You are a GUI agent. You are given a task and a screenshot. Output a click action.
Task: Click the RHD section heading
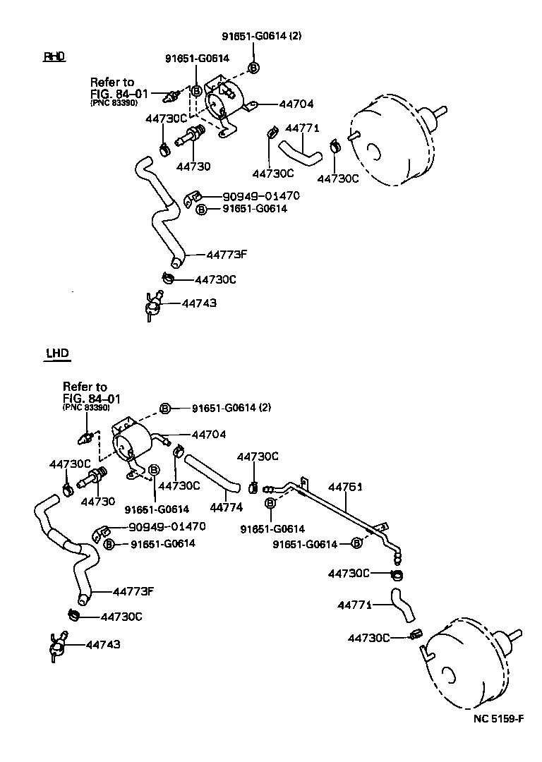(54, 56)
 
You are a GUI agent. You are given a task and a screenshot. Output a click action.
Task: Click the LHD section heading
(56, 353)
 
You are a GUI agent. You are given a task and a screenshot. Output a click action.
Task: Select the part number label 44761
(345, 487)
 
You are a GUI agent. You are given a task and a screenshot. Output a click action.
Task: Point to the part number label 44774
(227, 507)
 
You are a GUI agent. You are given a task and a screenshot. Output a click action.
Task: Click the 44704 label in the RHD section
(296, 104)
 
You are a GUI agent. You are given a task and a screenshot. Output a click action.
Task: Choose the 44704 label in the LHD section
(209, 435)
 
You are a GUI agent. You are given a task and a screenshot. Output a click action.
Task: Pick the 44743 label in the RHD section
(199, 303)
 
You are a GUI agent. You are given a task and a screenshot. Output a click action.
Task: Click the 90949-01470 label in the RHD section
(261, 196)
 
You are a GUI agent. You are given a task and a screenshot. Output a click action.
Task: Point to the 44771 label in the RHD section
(303, 128)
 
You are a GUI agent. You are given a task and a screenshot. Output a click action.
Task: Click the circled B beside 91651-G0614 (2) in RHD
(254, 68)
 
